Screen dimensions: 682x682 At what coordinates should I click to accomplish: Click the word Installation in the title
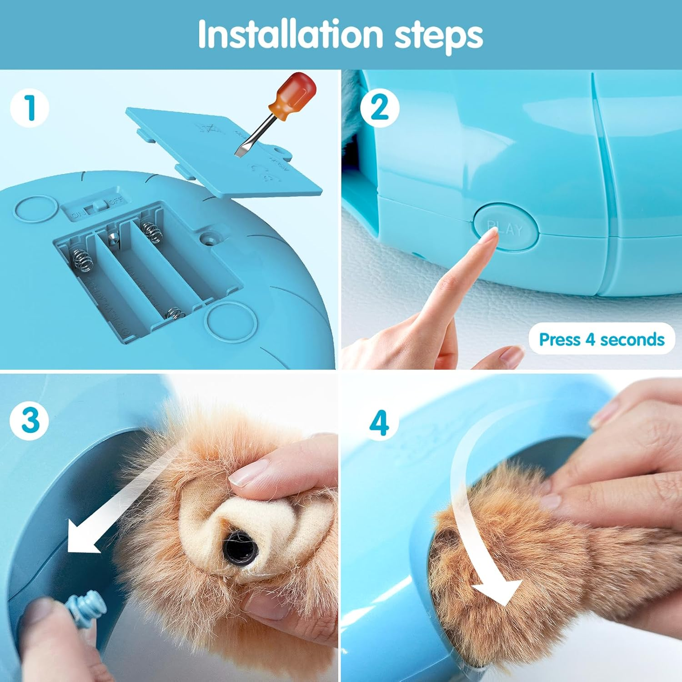pyautogui.click(x=290, y=35)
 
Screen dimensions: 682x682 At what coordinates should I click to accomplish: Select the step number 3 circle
pyautogui.click(x=30, y=420)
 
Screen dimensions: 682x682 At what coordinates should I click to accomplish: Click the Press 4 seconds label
pyautogui.click(x=601, y=340)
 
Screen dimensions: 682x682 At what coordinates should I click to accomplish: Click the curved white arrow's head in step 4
pyautogui.click(x=498, y=591)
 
